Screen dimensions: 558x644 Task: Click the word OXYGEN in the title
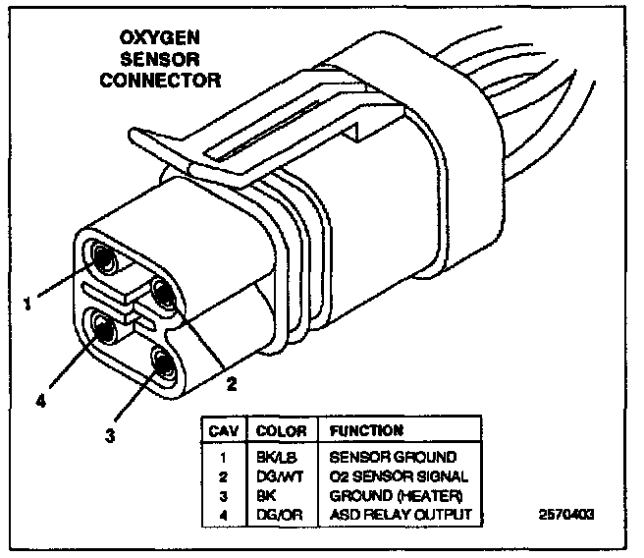tap(160, 39)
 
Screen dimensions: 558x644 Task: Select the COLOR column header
tap(281, 430)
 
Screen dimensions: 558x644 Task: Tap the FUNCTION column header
tap(365, 430)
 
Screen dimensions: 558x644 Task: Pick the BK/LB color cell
tap(272, 457)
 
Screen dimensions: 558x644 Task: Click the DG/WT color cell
tap(274, 475)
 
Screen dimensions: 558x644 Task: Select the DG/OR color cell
tap(274, 514)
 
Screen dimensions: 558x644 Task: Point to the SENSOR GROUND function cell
tap(393, 457)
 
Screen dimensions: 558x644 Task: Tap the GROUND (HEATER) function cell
tap(396, 494)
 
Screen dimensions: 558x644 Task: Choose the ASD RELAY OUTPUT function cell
tap(401, 514)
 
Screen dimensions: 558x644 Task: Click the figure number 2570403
tap(567, 514)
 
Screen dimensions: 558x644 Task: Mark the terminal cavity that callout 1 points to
tap(101, 259)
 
